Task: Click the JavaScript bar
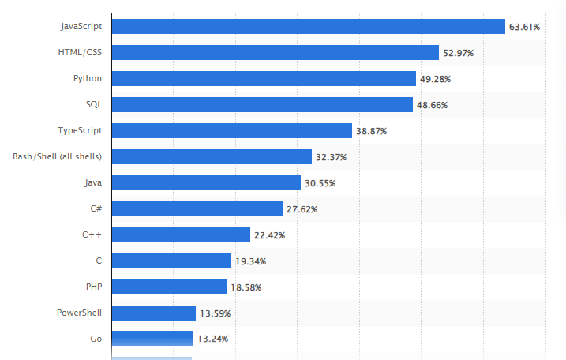point(308,27)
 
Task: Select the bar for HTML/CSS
point(275,53)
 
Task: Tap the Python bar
point(264,79)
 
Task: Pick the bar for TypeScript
point(231,131)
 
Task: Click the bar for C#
point(197,209)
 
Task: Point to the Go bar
point(152,339)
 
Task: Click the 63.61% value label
point(524,27)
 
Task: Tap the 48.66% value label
point(432,105)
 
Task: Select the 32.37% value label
point(330,157)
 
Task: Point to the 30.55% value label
point(320,183)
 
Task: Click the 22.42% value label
point(269,235)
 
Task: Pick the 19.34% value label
point(250,261)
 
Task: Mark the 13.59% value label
point(215,313)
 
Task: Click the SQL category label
point(94,104)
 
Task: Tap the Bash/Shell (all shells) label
point(57,156)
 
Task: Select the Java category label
point(92,182)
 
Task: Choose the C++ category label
point(92,234)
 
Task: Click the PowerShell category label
point(78,313)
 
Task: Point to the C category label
point(98,261)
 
